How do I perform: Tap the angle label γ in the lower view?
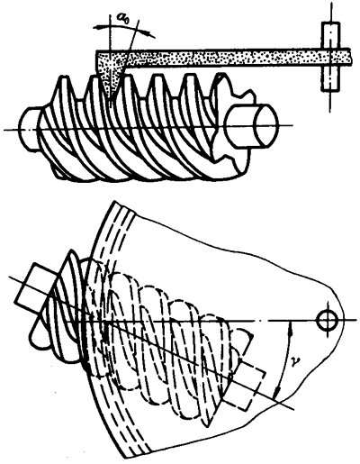point(296,361)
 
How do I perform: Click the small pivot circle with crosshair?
point(328,321)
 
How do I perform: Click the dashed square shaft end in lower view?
point(245,385)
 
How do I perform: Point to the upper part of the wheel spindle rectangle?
point(331,34)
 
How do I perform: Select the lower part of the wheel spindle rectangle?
point(331,77)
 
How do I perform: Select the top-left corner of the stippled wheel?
point(96,50)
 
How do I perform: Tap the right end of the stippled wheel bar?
point(349,57)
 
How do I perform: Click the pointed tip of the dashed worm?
point(207,426)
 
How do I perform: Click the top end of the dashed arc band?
point(124,208)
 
